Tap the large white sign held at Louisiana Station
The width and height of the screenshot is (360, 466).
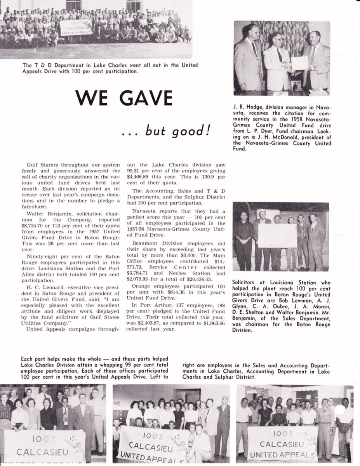[277, 235]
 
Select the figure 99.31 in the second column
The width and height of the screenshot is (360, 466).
[134, 170]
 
